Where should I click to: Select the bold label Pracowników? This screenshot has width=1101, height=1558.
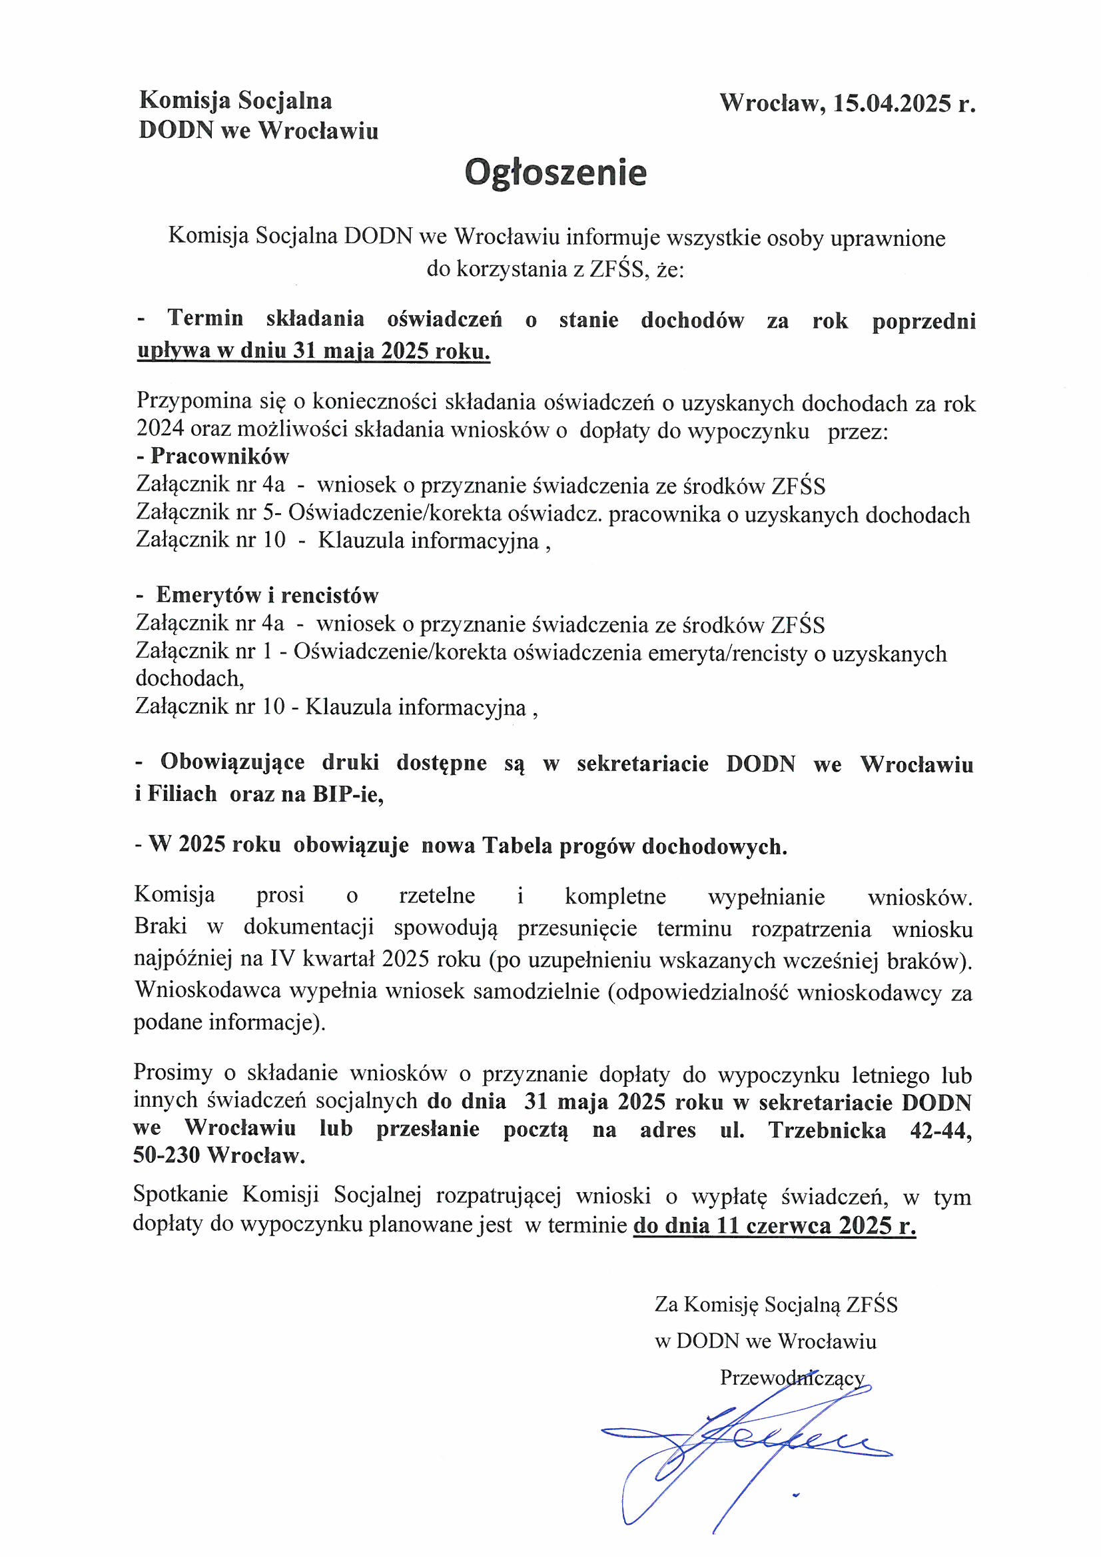[x=220, y=456]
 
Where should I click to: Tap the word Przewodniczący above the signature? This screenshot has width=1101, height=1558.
[x=792, y=1377]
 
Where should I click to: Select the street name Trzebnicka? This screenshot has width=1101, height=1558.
[x=827, y=1130]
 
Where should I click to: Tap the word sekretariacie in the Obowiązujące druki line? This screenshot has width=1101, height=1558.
[x=643, y=764]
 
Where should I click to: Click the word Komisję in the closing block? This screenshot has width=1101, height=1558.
[x=721, y=1305]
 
